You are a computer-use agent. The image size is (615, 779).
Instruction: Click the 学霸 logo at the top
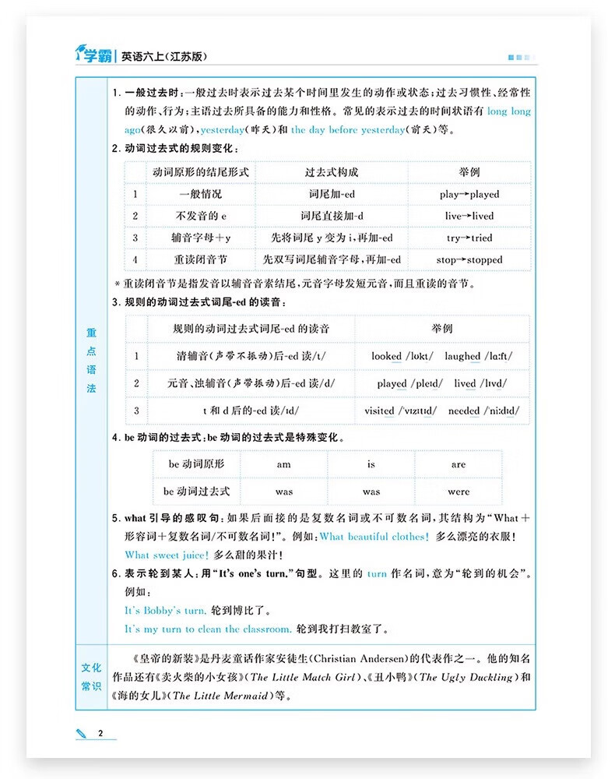(93, 55)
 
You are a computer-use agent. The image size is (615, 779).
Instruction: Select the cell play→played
(469, 194)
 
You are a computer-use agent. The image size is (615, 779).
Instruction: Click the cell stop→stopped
(469, 259)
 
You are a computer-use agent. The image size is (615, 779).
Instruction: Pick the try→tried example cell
(469, 238)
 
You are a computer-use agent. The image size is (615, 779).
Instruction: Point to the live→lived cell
(469, 216)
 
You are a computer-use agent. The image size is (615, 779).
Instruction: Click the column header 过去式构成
(332, 172)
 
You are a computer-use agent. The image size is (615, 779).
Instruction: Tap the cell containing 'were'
(459, 492)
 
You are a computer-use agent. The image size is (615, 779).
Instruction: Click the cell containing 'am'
(284, 464)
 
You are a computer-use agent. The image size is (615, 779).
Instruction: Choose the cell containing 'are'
(459, 464)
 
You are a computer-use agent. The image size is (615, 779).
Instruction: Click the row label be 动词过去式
(196, 492)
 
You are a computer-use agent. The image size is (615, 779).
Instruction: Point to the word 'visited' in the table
(379, 411)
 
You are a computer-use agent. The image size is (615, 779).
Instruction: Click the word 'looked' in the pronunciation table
(386, 356)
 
